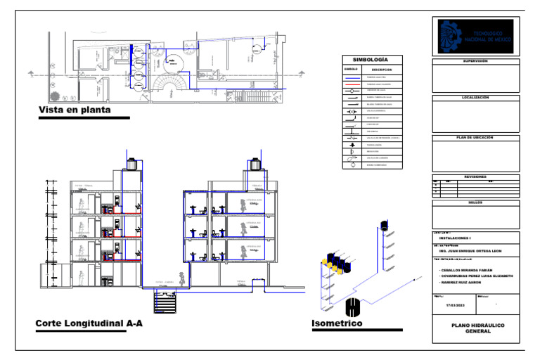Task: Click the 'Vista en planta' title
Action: tap(75, 110)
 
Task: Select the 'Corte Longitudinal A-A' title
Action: tap(89, 323)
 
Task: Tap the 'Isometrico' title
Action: tap(337, 323)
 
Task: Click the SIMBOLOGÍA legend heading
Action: tap(370, 60)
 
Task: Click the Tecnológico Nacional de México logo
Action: tap(476, 37)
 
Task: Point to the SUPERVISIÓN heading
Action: tap(476, 61)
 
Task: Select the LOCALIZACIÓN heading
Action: tap(476, 97)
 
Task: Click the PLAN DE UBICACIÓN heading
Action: tap(476, 137)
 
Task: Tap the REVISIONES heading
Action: tap(476, 176)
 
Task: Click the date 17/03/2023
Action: tap(456, 305)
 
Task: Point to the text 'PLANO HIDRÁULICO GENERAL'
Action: tap(477, 328)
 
